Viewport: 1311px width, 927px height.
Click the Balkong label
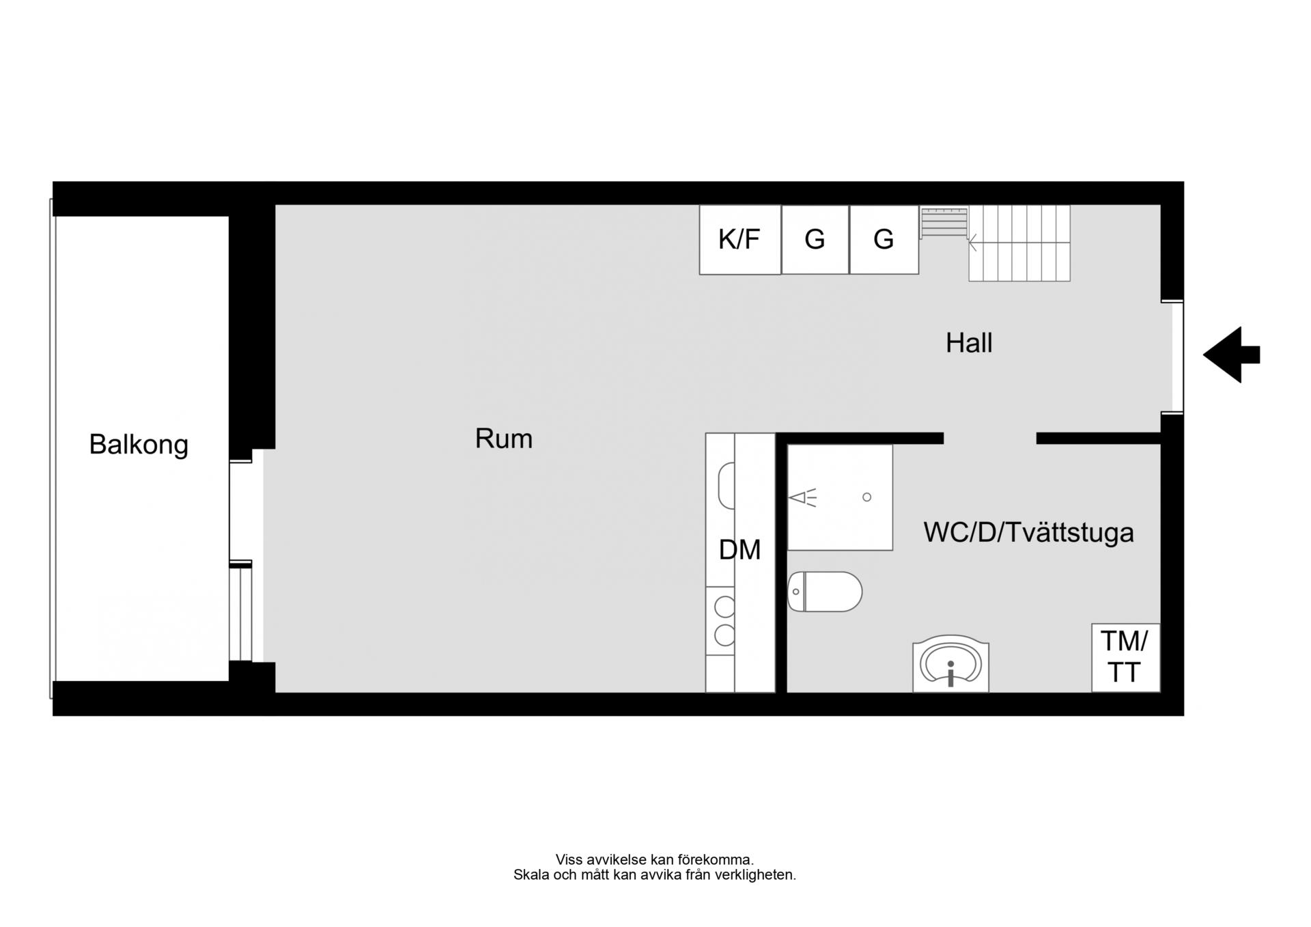(x=139, y=444)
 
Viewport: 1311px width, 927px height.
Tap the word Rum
(x=504, y=439)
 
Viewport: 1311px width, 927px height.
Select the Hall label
(x=969, y=343)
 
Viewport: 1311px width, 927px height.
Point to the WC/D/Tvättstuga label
(x=1028, y=532)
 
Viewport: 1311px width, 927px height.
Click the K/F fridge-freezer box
(x=740, y=240)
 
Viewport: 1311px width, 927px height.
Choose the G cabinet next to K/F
(x=815, y=240)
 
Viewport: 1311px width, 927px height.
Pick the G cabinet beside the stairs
(x=884, y=240)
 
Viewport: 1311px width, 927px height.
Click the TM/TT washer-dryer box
(x=1125, y=657)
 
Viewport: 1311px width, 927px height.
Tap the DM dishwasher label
(x=739, y=550)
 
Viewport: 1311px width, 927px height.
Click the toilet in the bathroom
(x=825, y=592)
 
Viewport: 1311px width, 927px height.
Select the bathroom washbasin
(x=950, y=664)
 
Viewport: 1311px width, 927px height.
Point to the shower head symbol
(x=802, y=498)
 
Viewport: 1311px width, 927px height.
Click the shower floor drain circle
(x=867, y=497)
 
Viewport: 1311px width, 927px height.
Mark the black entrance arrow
(x=1231, y=355)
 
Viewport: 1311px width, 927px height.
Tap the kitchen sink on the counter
(x=727, y=486)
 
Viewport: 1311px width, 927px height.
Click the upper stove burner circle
(x=724, y=607)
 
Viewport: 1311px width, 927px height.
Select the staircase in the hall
(x=996, y=243)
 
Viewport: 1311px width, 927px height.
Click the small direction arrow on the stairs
(x=972, y=243)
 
